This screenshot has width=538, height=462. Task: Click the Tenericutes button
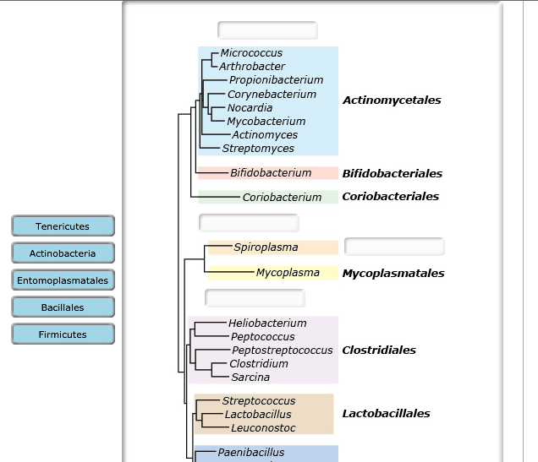click(63, 226)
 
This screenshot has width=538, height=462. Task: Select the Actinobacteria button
click(63, 253)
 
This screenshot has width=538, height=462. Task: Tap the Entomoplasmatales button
click(63, 280)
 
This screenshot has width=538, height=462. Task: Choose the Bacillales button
click(63, 307)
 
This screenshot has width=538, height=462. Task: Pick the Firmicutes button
click(63, 334)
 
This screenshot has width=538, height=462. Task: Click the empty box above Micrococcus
click(267, 31)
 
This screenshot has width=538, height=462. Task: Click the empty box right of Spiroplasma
click(394, 247)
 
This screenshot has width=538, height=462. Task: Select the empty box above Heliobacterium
click(255, 298)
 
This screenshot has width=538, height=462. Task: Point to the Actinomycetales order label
click(392, 101)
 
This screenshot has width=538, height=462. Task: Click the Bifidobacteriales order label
click(392, 174)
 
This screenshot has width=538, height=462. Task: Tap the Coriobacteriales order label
click(390, 197)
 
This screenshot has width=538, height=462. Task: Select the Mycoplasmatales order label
click(393, 274)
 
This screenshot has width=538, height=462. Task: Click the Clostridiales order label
click(379, 351)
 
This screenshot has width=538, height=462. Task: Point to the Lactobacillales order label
click(386, 414)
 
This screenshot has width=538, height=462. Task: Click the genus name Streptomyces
click(258, 149)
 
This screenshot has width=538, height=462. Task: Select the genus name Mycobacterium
click(266, 122)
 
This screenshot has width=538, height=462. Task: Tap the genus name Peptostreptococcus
click(282, 351)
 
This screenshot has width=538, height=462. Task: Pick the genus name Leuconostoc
click(263, 428)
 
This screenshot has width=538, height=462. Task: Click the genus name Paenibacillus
click(251, 453)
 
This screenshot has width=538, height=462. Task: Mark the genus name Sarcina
click(250, 378)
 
